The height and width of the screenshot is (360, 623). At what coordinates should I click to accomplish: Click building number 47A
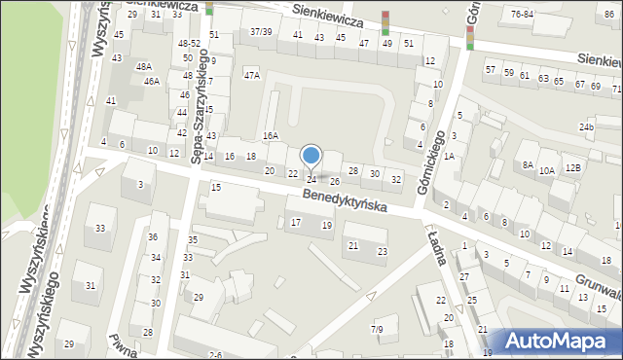[252, 75]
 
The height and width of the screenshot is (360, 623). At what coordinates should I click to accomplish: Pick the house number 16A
[270, 136]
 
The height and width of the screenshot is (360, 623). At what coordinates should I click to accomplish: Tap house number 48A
[144, 66]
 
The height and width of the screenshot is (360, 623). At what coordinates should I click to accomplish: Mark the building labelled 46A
[151, 82]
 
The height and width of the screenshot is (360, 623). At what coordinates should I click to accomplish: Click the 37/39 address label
[260, 32]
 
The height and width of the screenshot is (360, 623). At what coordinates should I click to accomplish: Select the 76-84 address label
[522, 15]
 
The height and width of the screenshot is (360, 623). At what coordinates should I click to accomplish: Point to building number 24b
[586, 127]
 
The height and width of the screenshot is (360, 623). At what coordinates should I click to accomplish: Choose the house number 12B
[573, 167]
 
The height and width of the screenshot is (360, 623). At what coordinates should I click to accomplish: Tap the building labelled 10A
[547, 170]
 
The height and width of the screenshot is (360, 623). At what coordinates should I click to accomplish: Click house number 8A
[528, 165]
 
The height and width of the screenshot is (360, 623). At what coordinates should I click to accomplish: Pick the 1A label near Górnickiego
[449, 156]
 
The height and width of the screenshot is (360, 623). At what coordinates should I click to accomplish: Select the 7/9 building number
[377, 330]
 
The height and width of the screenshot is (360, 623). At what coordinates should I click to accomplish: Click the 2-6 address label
[215, 355]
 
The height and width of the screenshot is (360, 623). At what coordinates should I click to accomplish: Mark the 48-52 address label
[188, 44]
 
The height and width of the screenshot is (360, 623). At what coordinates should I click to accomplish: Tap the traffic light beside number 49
[385, 22]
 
